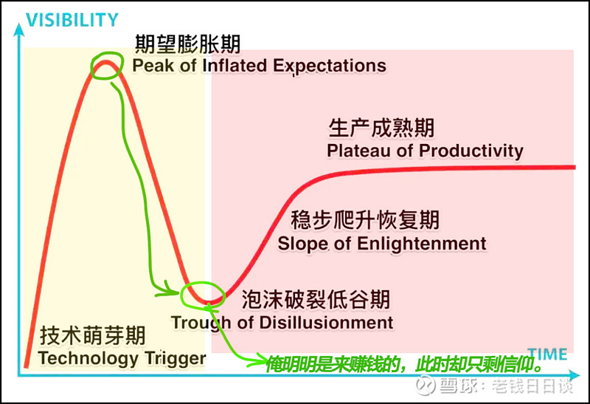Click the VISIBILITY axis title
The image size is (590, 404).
72,20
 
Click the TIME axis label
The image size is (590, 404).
547,355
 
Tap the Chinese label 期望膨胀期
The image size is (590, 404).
187,44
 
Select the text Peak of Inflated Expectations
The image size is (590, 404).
260,66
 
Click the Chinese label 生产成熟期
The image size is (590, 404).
381,128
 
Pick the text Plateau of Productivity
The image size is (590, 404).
425,151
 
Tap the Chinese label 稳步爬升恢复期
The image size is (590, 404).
365,219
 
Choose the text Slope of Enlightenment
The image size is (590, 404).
382,244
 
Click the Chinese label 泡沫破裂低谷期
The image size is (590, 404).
316,300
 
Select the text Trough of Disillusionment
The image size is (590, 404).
282,323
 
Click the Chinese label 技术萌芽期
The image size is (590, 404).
93,336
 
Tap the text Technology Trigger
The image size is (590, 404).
122,358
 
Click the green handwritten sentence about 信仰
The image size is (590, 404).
403,364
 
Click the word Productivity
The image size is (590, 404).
471,151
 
